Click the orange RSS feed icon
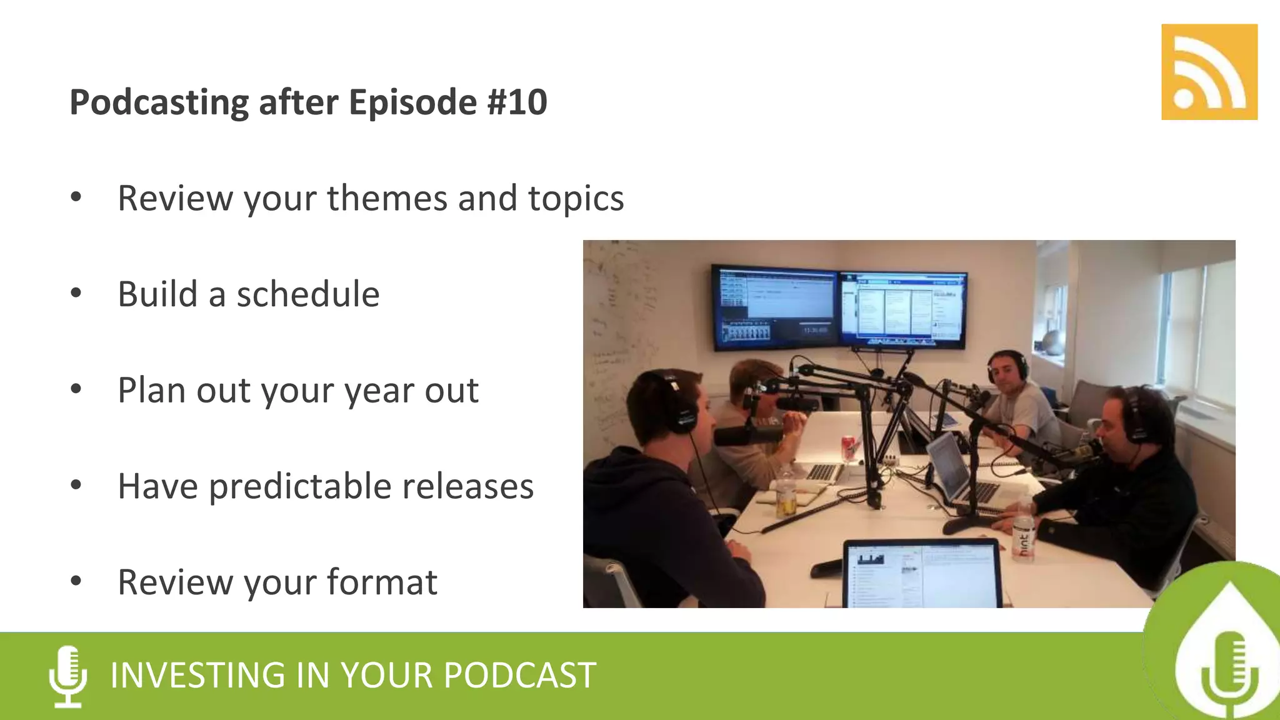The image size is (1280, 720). tap(1209, 72)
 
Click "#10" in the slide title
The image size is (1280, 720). tap(517, 102)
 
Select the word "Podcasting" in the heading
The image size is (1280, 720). tap(159, 103)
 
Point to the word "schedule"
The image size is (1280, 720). tap(307, 294)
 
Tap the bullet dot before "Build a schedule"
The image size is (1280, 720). tap(76, 292)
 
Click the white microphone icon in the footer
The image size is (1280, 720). tap(68, 676)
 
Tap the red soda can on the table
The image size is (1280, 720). tap(848, 447)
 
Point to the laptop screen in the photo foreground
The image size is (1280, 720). tap(922, 575)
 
